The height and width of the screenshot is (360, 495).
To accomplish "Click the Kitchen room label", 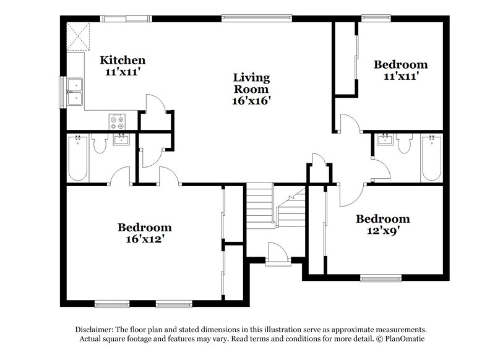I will click(123, 60).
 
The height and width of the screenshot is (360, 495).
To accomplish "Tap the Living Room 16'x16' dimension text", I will click(251, 99).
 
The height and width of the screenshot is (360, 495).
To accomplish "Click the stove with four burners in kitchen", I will click(117, 121).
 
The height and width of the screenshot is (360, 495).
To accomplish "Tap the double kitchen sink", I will click(77, 91).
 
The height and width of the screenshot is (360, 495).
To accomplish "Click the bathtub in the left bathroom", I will click(77, 158).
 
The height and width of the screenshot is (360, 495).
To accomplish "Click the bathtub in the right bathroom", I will click(429, 158).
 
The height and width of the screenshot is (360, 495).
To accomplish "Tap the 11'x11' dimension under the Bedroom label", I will click(400, 76).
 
